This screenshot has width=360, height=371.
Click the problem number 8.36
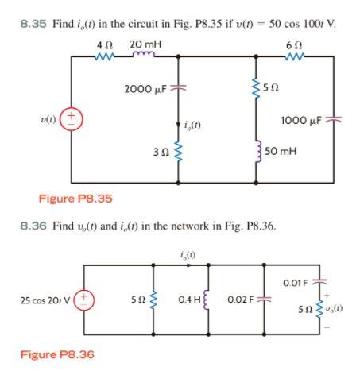[x=33, y=226]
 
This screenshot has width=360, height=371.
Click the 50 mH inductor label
[x=285, y=149]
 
